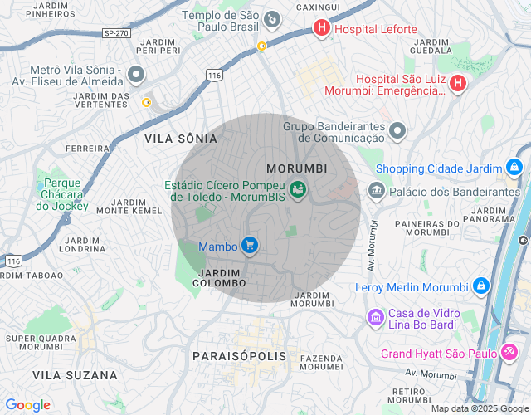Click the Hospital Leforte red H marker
[x=321, y=29]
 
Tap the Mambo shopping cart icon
[x=249, y=246]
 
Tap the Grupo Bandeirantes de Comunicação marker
[x=397, y=130]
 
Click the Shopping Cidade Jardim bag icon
[x=514, y=168]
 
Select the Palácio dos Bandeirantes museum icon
[x=377, y=192]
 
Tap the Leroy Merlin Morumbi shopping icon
[x=480, y=287]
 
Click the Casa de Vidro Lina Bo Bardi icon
[x=375, y=317]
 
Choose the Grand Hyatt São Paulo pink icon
[x=509, y=354]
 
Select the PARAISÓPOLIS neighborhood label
[x=239, y=355]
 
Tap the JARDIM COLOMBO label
[x=219, y=278]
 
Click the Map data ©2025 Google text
[x=480, y=408]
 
